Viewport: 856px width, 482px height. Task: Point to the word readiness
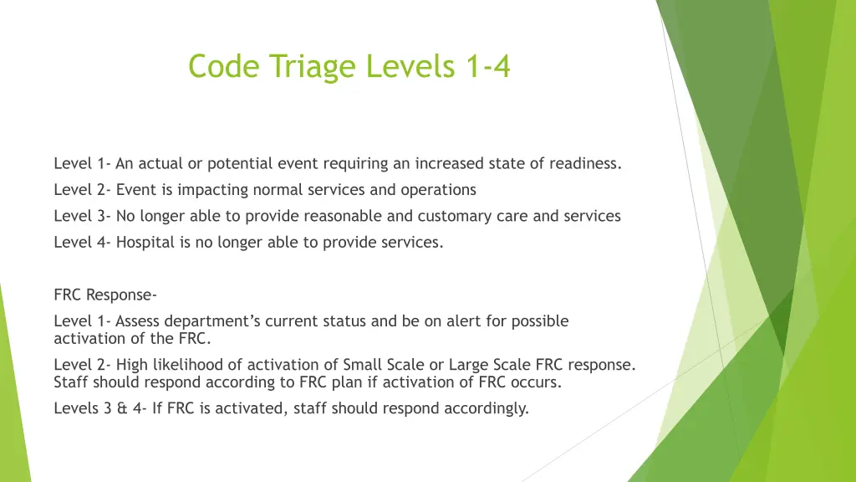(585, 163)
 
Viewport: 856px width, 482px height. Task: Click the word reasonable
(344, 216)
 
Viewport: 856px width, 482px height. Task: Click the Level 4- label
(83, 243)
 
